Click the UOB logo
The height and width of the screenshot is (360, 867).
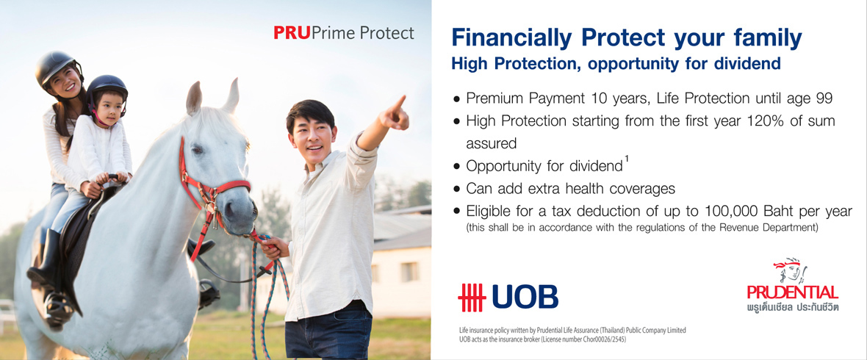(x=508, y=297)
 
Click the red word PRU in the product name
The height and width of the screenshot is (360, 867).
(x=292, y=33)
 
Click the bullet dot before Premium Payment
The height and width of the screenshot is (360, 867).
(x=456, y=98)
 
